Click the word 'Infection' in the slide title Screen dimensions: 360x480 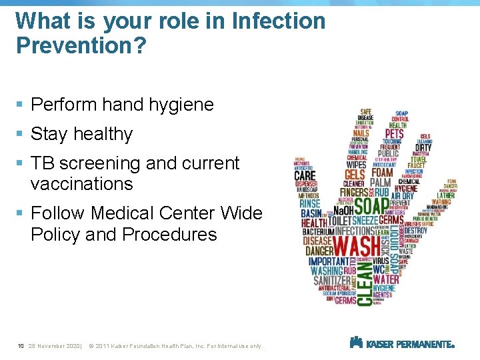coord(278,21)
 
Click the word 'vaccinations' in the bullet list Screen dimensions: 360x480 coord(81,184)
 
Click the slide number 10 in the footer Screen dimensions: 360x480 coord(21,346)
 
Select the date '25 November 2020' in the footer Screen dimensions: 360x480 coord(54,346)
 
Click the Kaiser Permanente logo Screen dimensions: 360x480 coord(402,344)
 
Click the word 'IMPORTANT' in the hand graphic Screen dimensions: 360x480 coord(328,261)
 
